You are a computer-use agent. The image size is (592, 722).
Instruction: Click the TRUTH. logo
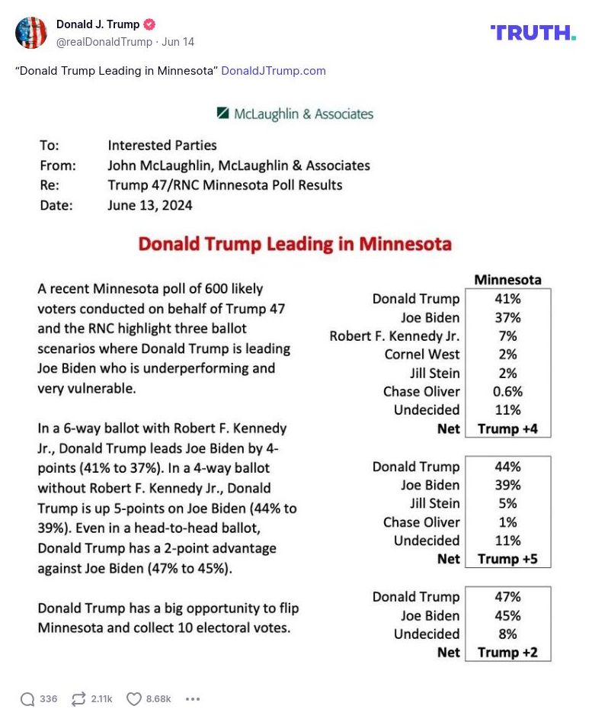533,33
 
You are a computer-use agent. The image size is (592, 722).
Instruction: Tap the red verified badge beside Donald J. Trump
150,24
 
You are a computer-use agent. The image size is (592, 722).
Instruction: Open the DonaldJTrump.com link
274,71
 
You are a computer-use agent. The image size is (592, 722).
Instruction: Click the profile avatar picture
31,33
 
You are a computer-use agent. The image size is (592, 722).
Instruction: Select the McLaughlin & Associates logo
295,114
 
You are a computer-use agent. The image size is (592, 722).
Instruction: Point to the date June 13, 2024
150,205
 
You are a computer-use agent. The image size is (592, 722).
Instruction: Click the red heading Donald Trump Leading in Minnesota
295,245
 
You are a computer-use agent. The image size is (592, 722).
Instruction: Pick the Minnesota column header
507,280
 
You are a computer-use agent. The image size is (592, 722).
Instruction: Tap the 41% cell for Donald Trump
507,299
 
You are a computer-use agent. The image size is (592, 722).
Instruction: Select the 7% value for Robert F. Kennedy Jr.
507,336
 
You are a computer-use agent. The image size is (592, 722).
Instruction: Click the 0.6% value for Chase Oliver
507,392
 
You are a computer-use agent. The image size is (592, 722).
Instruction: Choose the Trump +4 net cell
507,428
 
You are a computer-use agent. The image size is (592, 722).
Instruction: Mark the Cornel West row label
422,355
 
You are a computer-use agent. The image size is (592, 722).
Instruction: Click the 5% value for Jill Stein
507,503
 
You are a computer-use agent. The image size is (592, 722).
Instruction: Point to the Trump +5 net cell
507,559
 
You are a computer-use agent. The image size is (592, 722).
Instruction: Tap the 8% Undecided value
507,634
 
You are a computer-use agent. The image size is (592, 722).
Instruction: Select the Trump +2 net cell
507,653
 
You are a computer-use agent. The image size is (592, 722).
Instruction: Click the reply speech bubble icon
27,699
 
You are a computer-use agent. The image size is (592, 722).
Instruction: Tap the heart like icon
134,699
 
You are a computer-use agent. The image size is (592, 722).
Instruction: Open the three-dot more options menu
193,699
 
